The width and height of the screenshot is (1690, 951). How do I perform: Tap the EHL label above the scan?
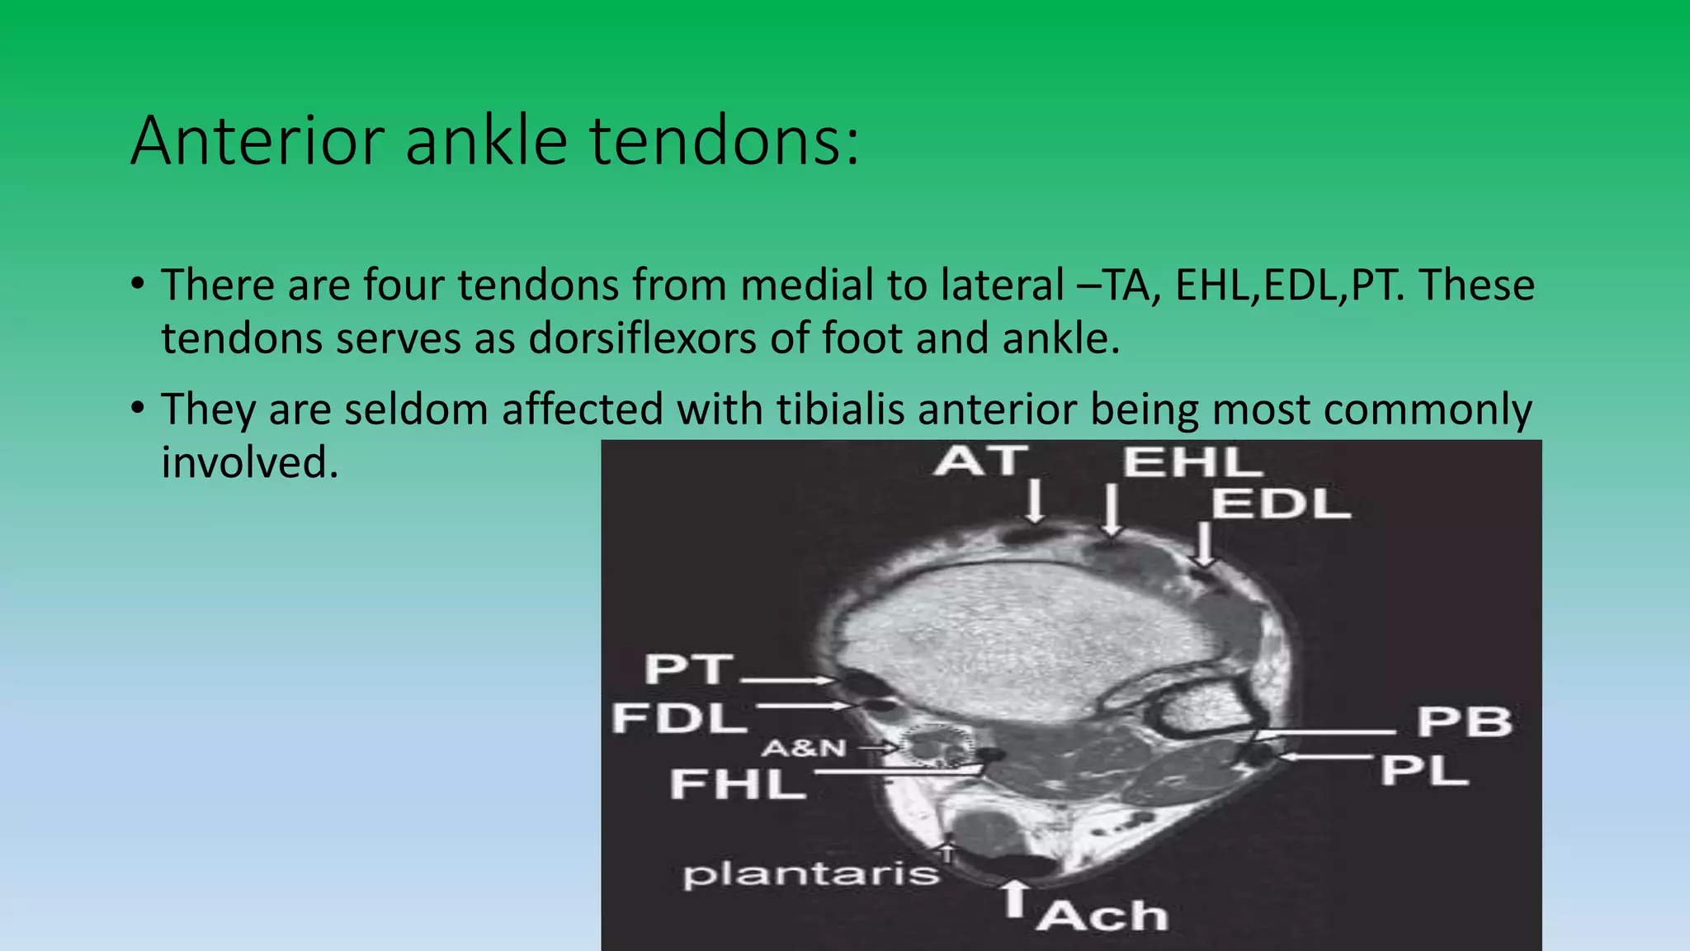[x=1192, y=462]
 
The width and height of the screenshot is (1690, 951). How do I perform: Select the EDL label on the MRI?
[x=1281, y=504]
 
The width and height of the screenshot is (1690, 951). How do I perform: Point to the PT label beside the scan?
[x=688, y=669]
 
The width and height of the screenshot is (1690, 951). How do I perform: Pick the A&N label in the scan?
[x=804, y=748]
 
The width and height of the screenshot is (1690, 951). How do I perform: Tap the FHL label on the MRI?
[x=738, y=783]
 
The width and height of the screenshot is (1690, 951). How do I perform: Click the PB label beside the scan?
[x=1465, y=722]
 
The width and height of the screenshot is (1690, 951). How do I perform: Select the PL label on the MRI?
[x=1425, y=771]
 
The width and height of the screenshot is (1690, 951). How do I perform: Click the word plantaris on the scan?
[x=811, y=874]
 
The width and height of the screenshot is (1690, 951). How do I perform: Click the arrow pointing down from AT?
[x=1035, y=502]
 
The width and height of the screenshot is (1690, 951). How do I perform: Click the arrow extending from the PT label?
[x=788, y=679]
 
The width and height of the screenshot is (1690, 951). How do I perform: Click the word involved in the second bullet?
[x=249, y=462]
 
